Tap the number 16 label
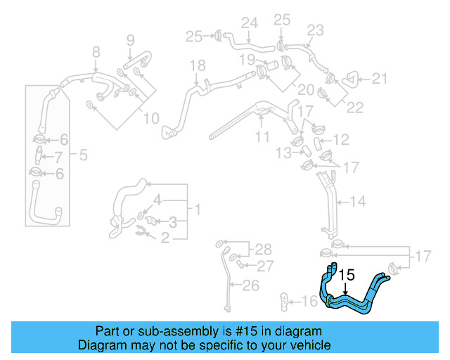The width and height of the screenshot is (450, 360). [x=309, y=302]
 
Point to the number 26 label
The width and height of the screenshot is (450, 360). [x=250, y=285]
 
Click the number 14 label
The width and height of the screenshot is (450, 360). [x=357, y=202]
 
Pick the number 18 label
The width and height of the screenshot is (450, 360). [x=198, y=65]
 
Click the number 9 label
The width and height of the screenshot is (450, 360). [x=130, y=40]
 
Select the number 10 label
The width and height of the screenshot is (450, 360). [x=151, y=119]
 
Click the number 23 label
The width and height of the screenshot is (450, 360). [x=315, y=30]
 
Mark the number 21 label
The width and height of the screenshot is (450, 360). [x=380, y=79]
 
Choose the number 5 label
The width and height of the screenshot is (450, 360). [x=83, y=155]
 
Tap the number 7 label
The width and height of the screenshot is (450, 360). [x=58, y=156]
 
